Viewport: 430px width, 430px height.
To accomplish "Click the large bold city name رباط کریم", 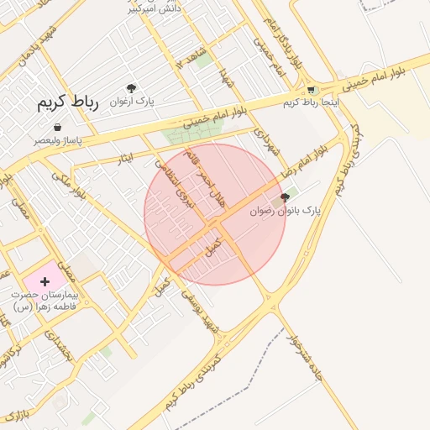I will (67, 103).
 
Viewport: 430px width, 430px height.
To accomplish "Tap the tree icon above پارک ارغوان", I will (132, 88).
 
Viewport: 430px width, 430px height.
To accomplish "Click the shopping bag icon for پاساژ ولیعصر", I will (57, 127).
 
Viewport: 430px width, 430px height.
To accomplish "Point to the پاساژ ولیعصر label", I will (57, 140).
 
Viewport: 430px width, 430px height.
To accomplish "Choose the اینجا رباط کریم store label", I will (302, 102).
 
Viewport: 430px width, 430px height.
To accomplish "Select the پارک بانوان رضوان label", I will (286, 211).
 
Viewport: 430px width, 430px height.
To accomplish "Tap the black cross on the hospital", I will (45, 281).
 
